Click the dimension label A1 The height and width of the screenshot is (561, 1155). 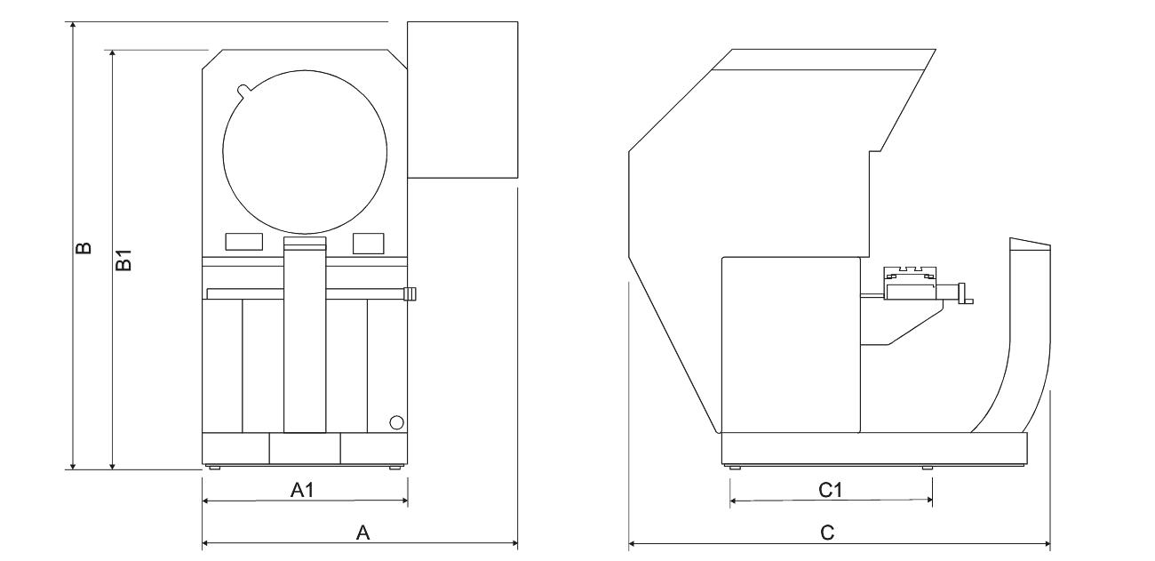pyautogui.click(x=302, y=489)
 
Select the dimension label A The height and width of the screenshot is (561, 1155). pyautogui.click(x=363, y=533)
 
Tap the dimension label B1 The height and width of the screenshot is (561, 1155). pyautogui.click(x=123, y=260)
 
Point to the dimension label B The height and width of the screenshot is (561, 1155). pyautogui.click(x=84, y=248)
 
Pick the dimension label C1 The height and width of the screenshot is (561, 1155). pyautogui.click(x=830, y=490)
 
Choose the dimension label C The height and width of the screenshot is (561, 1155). pyautogui.click(x=827, y=533)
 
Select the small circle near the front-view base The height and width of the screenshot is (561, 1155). pyautogui.click(x=396, y=422)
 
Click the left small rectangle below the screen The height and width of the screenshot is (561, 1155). pyautogui.click(x=244, y=242)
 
